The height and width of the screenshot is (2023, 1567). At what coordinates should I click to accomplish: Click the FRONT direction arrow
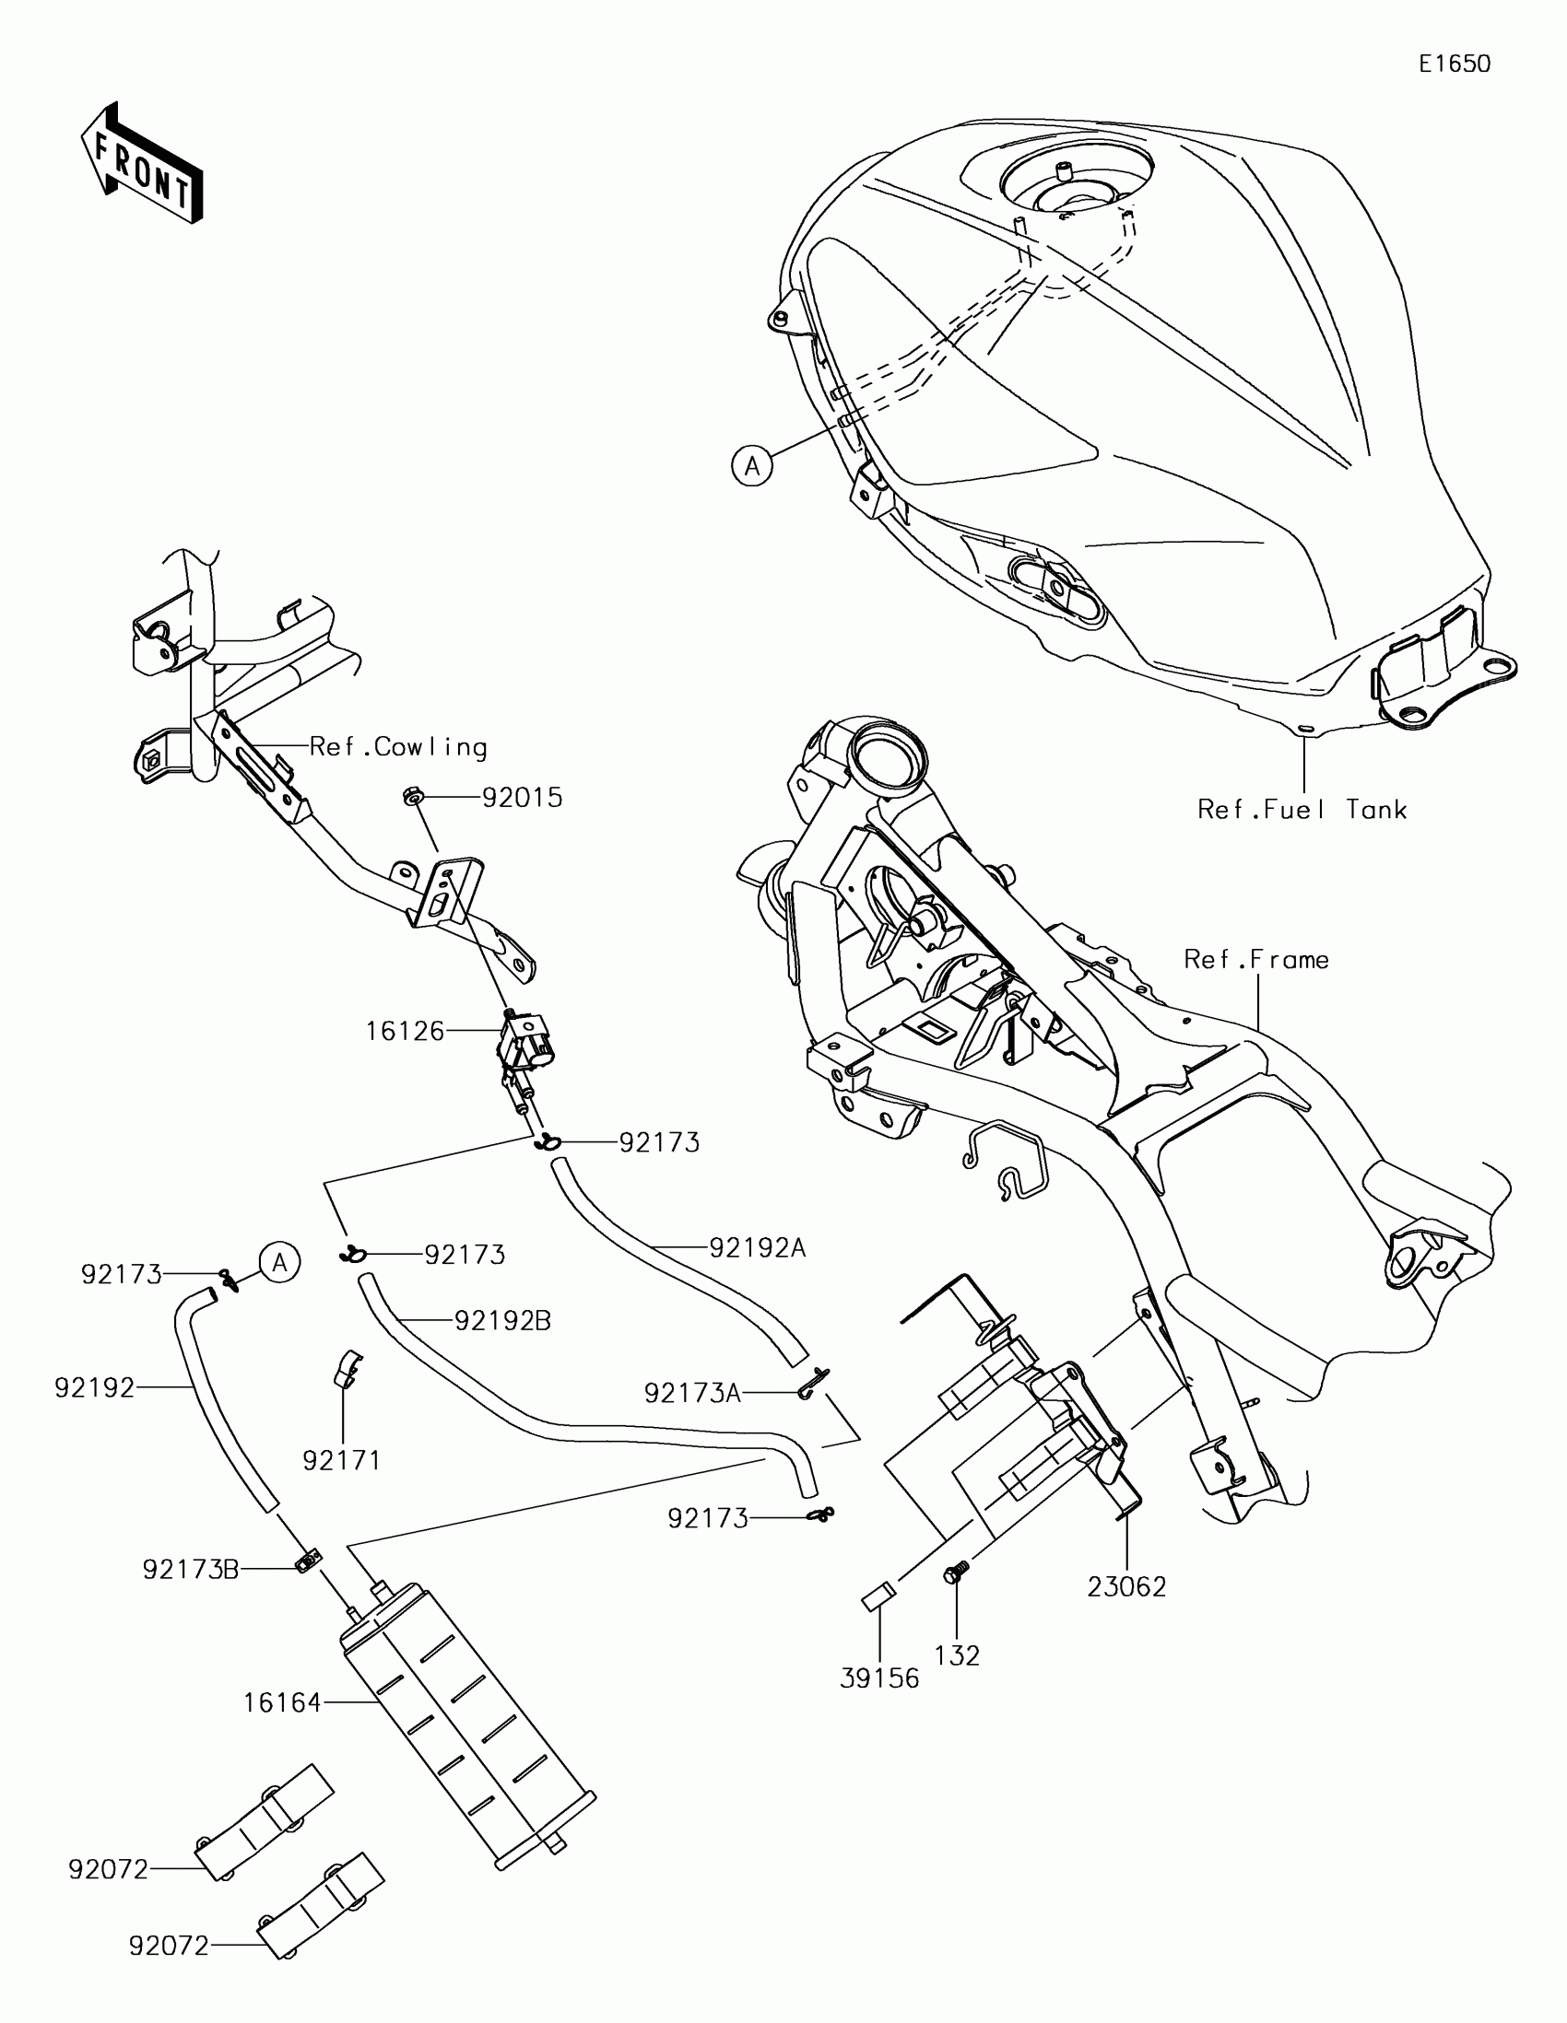(142, 163)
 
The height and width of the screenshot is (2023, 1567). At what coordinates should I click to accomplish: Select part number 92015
(522, 798)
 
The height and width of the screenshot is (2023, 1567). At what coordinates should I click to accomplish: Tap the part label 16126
(405, 1031)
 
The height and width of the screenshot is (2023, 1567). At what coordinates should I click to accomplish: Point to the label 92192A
(757, 1248)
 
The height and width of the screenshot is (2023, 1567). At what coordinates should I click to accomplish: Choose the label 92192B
(502, 1321)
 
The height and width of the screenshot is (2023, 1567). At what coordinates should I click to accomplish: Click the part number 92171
(342, 1461)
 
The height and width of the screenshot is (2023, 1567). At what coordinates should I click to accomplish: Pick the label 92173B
(191, 1569)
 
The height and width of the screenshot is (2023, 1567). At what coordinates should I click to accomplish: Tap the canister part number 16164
(282, 1702)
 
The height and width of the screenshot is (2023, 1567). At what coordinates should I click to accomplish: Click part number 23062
(1125, 1587)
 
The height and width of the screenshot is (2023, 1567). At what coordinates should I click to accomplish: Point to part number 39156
(879, 1678)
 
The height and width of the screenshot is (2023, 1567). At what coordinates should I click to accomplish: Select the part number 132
(957, 1655)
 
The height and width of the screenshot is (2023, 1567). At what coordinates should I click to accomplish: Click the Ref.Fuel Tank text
(1302, 810)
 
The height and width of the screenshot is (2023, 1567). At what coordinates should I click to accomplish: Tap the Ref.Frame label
(1255, 959)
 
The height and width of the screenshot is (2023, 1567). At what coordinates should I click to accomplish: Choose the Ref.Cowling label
(397, 746)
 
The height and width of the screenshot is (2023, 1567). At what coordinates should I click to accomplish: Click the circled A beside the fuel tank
(751, 466)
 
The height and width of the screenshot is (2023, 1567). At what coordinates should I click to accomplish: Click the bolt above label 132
(955, 1571)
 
